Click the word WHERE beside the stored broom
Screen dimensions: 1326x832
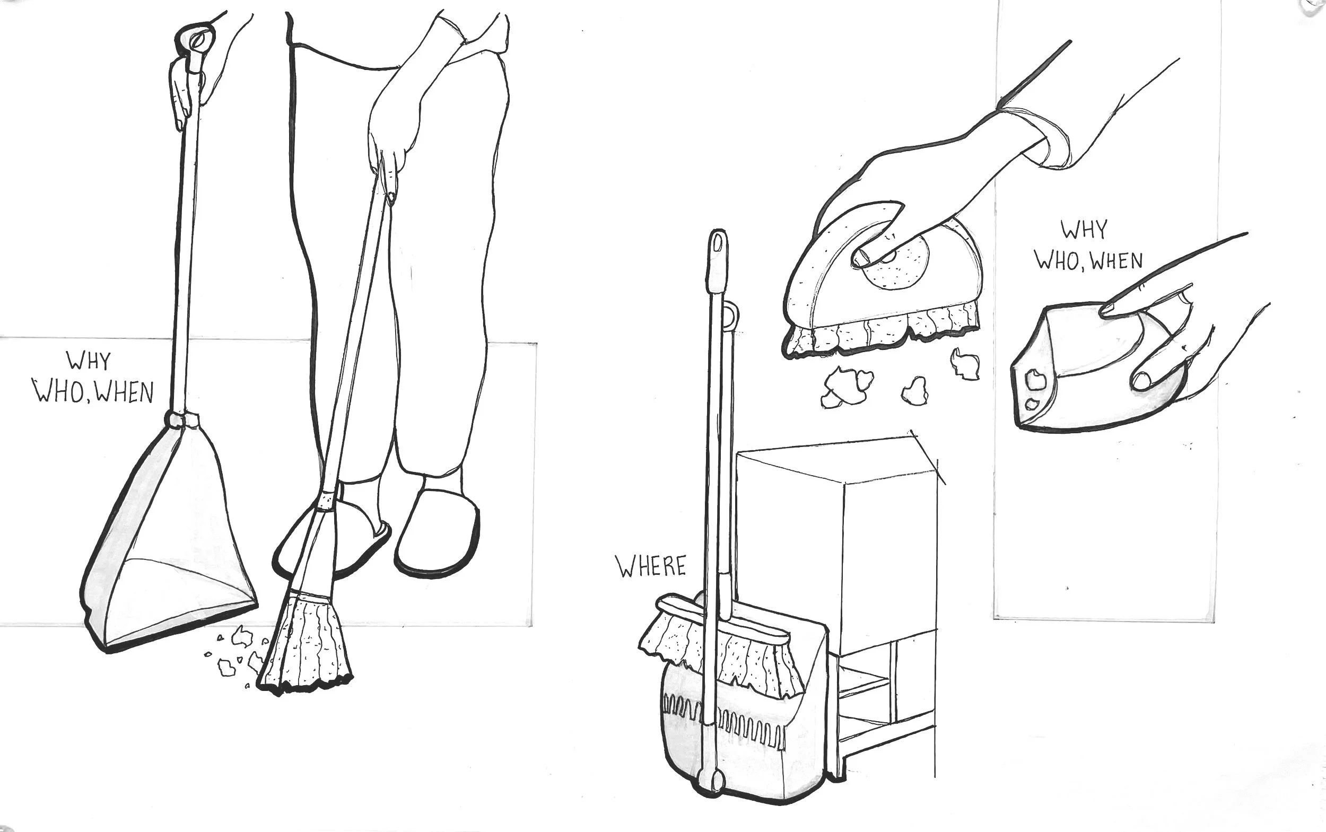tap(651, 566)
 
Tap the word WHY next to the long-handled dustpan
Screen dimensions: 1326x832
tap(89, 361)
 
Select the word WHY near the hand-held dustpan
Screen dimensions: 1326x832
tap(1083, 230)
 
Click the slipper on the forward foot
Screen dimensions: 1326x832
tap(438, 532)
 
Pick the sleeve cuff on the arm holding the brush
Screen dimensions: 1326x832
tap(1046, 137)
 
